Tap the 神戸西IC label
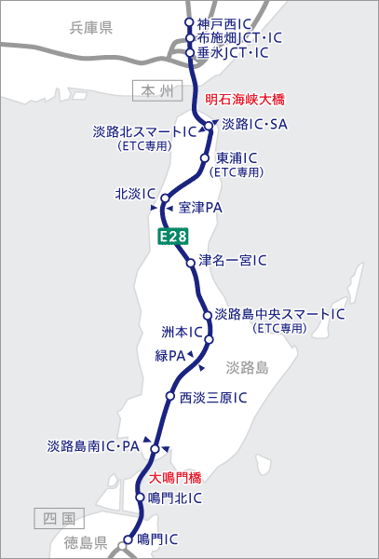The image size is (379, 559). tap(223, 23)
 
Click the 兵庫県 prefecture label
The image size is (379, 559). tap(91, 28)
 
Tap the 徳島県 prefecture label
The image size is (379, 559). tap(87, 540)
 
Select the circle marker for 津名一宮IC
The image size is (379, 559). tap(192, 262)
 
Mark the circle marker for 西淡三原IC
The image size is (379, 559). tap(169, 397)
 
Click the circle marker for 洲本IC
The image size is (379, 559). tap(210, 340)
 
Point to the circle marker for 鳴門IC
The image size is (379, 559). tap(129, 539)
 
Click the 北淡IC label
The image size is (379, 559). tap(134, 194)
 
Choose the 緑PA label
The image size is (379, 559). tap(169, 355)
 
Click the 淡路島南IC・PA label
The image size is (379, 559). tap(92, 446)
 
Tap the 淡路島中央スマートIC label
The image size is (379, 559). tap(280, 314)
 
